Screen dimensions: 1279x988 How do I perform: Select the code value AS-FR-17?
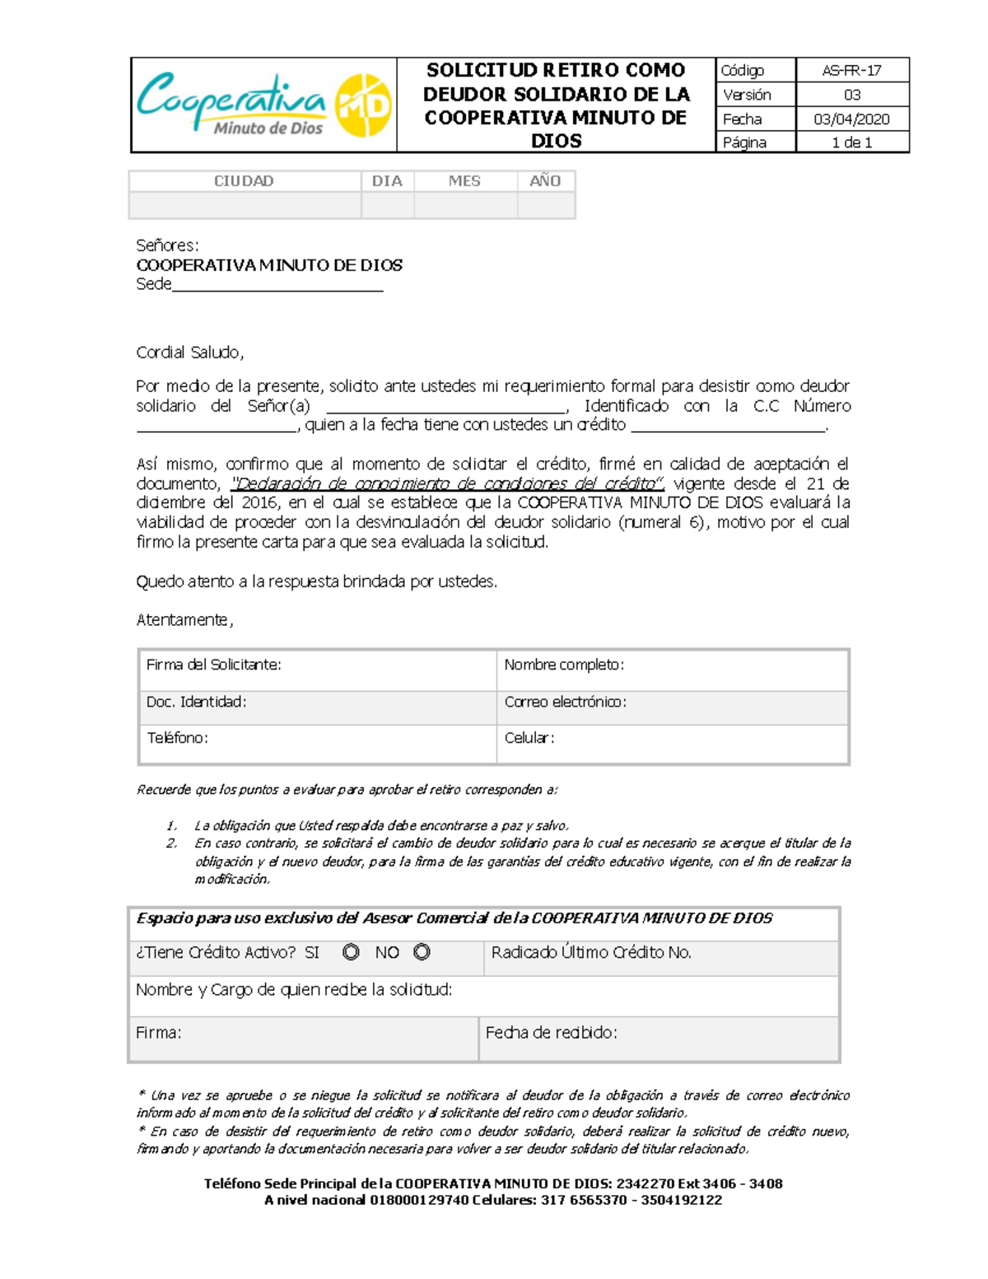(x=851, y=71)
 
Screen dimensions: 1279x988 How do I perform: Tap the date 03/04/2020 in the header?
(x=851, y=119)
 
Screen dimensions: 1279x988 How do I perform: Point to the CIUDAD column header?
(x=244, y=181)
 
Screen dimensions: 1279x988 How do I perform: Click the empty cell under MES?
(x=465, y=205)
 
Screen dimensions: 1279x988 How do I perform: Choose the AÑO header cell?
(x=545, y=181)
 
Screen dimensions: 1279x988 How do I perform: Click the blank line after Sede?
(x=277, y=286)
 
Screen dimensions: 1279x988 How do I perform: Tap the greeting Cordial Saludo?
(x=189, y=352)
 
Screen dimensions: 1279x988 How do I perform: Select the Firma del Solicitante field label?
(x=213, y=665)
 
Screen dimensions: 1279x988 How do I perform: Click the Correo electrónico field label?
(x=565, y=702)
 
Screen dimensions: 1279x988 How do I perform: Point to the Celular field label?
(x=529, y=738)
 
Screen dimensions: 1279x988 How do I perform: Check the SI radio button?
(x=351, y=952)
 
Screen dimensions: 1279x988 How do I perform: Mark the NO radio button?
(x=422, y=952)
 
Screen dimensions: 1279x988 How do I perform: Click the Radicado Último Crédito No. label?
(x=591, y=953)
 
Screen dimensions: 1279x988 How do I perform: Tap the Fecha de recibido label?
(x=551, y=1033)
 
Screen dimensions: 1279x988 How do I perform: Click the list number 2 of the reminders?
(x=171, y=843)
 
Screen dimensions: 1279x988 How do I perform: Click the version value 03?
(x=851, y=95)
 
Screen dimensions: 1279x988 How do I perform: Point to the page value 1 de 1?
(x=851, y=142)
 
